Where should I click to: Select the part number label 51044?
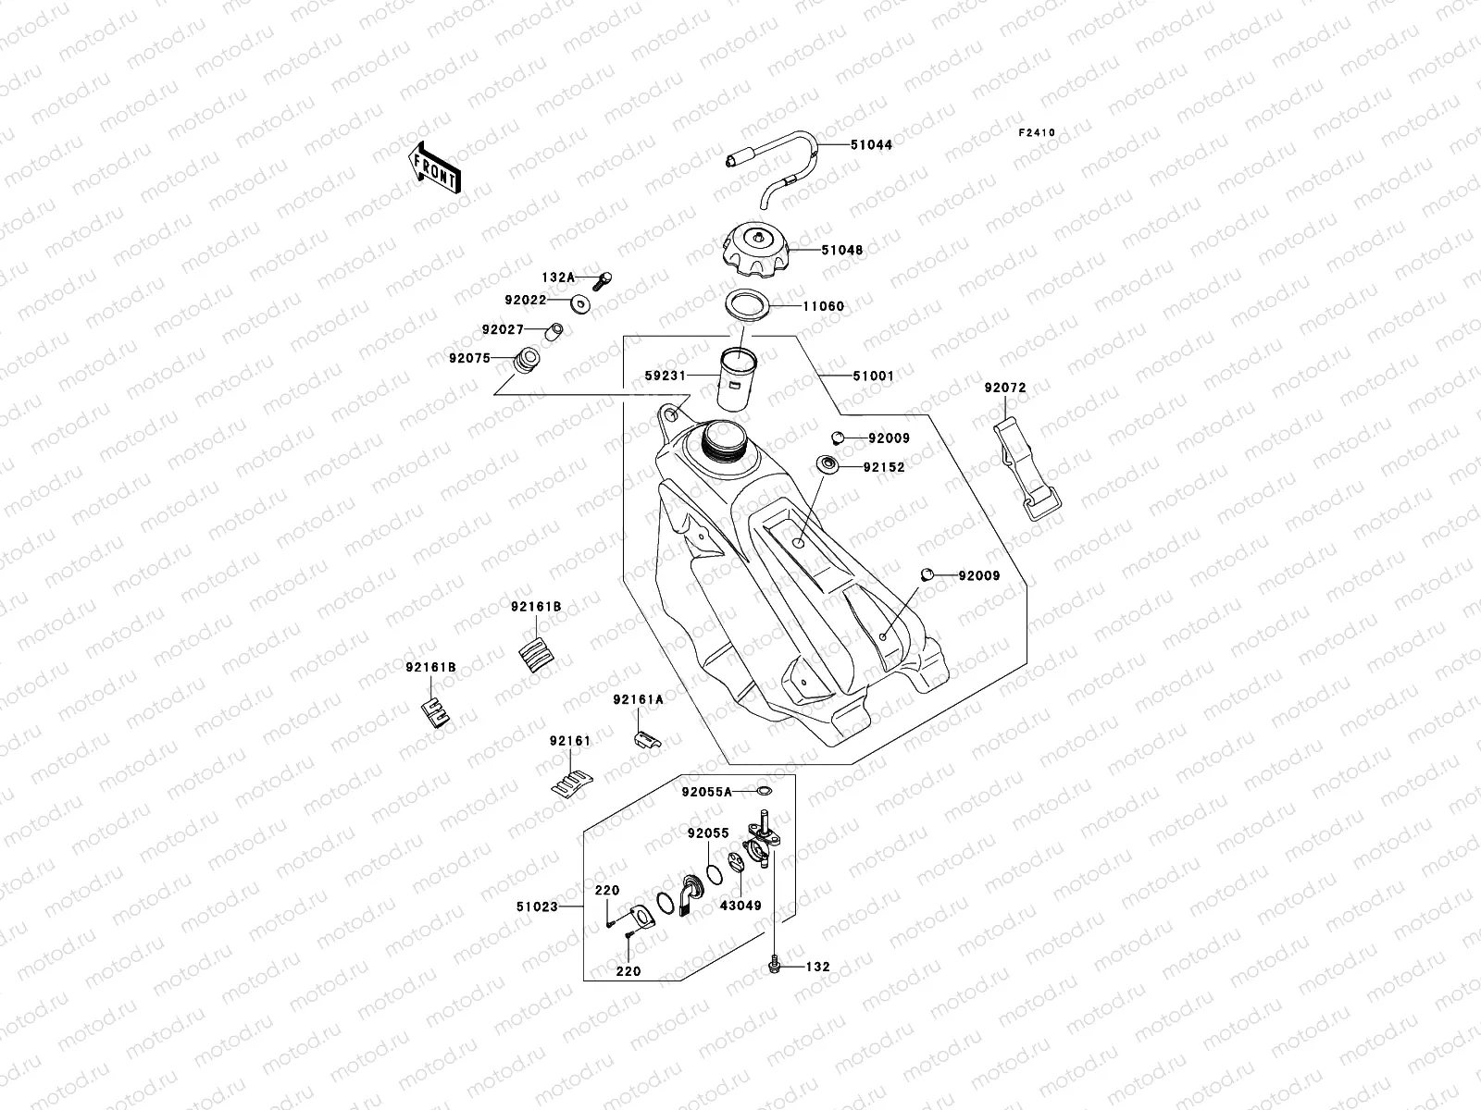click(x=871, y=145)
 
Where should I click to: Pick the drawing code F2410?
click(x=1037, y=133)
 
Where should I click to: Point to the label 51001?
click(x=873, y=376)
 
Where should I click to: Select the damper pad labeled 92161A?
click(x=645, y=739)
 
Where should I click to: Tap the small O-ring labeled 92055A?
click(x=763, y=791)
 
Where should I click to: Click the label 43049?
click(x=740, y=906)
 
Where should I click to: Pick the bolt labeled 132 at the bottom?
click(x=774, y=967)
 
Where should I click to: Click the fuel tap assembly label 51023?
click(x=537, y=906)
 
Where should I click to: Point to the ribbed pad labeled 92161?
click(x=570, y=783)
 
